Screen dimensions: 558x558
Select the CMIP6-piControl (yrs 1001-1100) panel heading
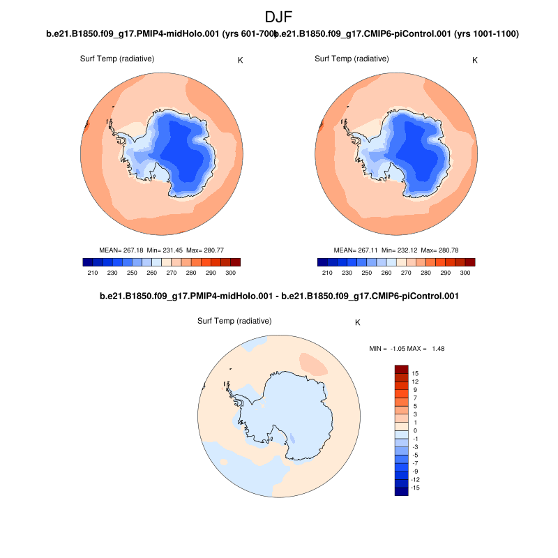(399, 33)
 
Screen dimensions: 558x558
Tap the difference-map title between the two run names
(279, 296)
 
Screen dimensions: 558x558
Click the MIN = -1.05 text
(384, 348)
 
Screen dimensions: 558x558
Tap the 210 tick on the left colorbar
(91, 273)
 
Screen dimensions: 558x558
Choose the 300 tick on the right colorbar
(465, 273)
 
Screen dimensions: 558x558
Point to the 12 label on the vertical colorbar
(415, 382)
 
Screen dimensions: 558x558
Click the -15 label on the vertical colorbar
(416, 488)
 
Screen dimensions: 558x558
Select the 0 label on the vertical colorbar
(414, 430)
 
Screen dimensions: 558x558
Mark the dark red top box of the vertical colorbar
(401, 369)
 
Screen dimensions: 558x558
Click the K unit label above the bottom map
(358, 323)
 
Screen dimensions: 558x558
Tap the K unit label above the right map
(475, 60)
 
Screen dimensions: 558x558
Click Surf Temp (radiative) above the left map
(117, 58)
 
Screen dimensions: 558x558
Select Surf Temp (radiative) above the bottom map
(234, 321)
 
